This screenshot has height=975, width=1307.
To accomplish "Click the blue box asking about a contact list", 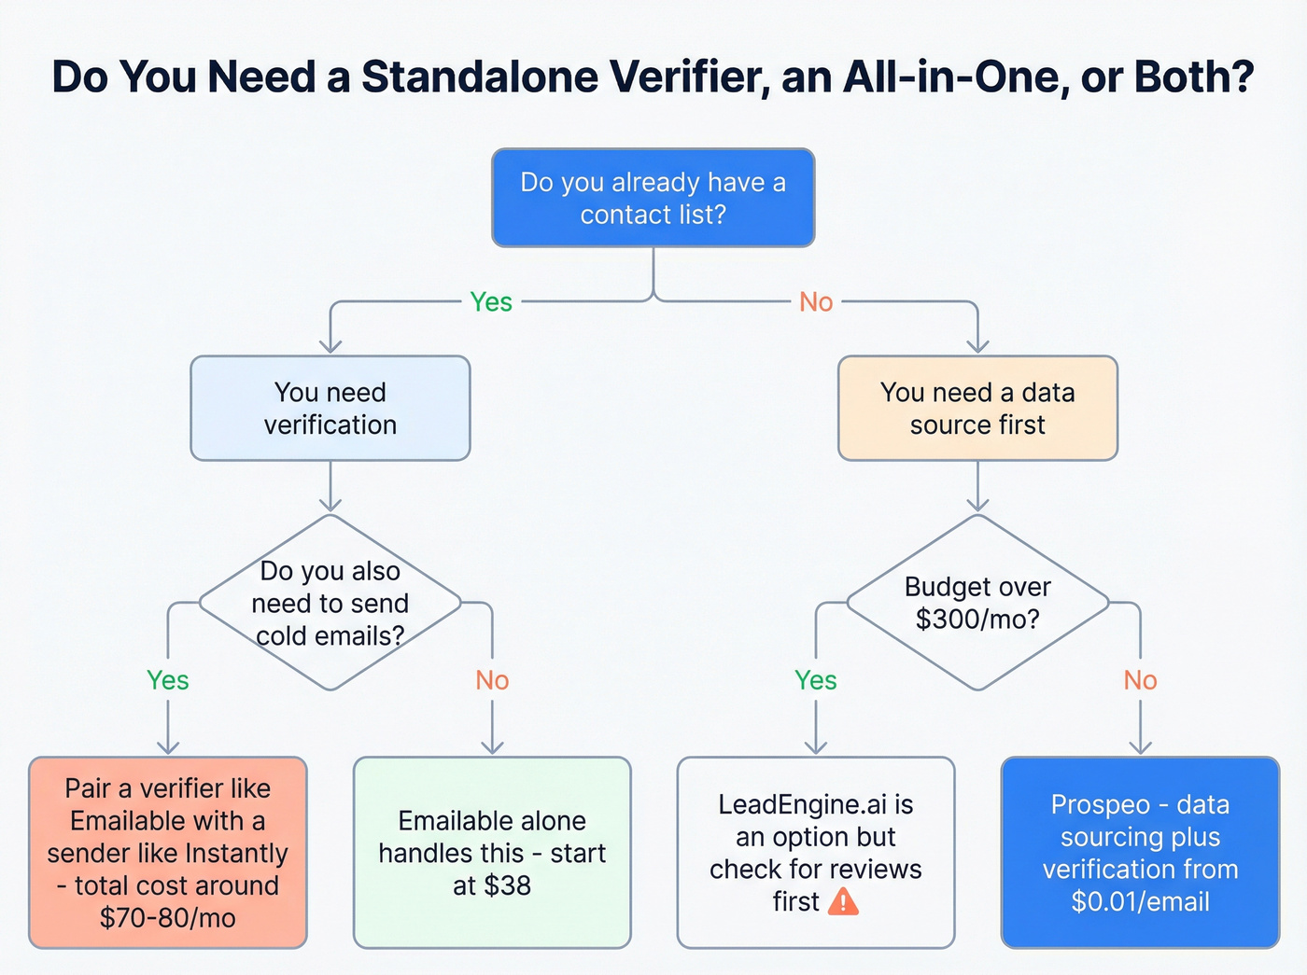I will pos(653,198).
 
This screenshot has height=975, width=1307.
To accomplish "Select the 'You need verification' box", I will pos(330,409).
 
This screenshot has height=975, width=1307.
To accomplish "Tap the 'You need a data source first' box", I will pos(977,409).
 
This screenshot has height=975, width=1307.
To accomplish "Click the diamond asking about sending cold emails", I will pos(330,603).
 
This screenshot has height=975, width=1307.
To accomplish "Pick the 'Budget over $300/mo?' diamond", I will pos(977,603).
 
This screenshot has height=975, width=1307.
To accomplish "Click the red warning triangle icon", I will pos(844,901).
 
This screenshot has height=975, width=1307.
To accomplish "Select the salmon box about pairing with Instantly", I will pos(168,853).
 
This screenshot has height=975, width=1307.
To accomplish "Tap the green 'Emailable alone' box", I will pos(492,853).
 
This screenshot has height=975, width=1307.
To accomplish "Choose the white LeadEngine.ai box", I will pos(815,853).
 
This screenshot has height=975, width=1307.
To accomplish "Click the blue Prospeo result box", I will pos(1140,853).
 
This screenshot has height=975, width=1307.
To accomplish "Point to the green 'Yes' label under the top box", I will pos(491,302).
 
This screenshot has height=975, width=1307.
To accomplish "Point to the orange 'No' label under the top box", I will pos(816,302).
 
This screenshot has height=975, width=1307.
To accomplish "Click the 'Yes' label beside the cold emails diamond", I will pos(168,680).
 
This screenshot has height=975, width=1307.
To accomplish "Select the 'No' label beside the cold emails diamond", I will pos(492,680).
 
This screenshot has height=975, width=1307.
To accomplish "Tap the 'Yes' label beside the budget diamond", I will pos(816,680).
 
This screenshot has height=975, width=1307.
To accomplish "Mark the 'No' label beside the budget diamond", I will pos(1140,680).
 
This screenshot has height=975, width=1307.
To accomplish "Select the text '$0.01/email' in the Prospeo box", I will pos(1140,901).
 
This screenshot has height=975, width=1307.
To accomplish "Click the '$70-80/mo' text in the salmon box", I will pos(168,917).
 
